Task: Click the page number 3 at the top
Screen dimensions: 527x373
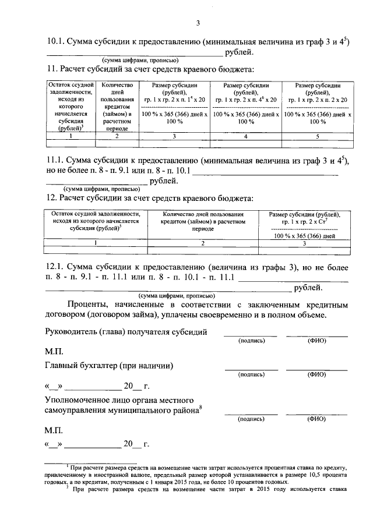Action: (198, 23)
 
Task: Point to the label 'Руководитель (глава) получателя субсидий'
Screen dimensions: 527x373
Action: (126, 332)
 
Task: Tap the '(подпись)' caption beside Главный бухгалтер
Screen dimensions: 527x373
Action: (251, 375)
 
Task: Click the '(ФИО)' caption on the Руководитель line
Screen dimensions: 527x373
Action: (316, 341)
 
